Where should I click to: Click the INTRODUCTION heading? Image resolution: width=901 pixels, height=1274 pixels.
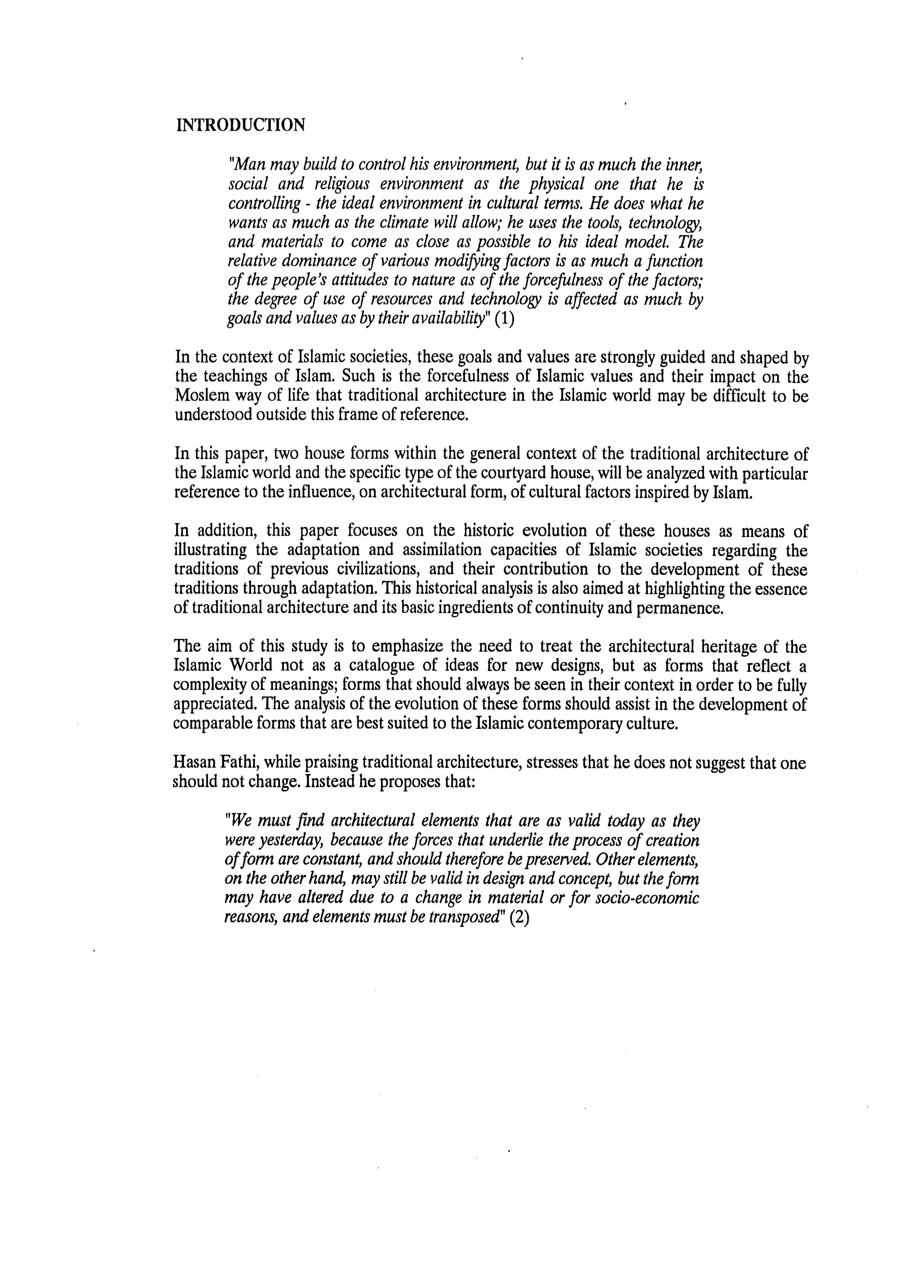(x=241, y=125)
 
